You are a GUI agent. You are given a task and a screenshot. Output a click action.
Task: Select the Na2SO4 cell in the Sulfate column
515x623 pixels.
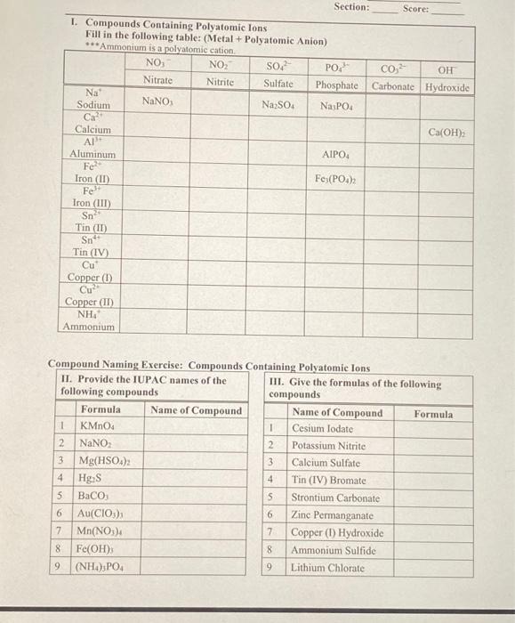(278, 105)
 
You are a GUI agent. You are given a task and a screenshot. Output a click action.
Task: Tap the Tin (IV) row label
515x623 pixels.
(92, 252)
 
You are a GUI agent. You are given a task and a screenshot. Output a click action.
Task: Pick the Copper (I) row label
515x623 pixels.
(89, 277)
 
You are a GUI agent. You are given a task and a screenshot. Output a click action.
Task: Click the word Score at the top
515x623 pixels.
(415, 8)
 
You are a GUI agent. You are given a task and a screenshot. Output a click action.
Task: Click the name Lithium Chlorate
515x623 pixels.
(327, 567)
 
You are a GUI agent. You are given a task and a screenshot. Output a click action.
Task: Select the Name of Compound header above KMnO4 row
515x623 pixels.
(196, 410)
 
